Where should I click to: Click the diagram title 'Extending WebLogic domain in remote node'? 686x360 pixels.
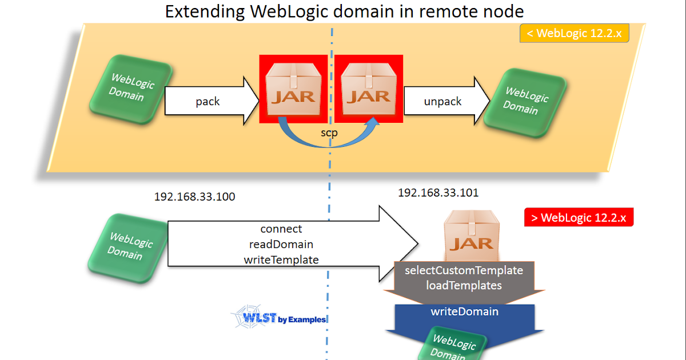pos(344,11)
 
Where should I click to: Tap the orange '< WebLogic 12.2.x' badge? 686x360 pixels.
pos(574,33)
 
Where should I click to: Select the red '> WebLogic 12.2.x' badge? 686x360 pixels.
pos(579,218)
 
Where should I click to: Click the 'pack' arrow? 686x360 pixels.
pos(212,101)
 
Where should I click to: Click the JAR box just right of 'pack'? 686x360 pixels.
pos(293,89)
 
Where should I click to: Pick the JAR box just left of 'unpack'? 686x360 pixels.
pos(369,89)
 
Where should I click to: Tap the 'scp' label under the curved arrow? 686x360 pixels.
pos(329,132)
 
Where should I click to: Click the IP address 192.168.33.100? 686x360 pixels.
pos(194,197)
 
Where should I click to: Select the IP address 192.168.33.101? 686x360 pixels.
pos(438,193)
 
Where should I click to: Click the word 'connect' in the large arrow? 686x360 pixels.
pos(281,229)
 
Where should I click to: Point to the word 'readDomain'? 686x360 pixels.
pos(281,244)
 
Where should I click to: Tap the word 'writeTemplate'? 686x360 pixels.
pos(281,259)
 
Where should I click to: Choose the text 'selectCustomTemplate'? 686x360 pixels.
pos(464,270)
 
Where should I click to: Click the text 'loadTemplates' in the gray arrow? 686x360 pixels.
pos(464,285)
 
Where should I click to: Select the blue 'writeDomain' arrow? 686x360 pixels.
pos(464,312)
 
